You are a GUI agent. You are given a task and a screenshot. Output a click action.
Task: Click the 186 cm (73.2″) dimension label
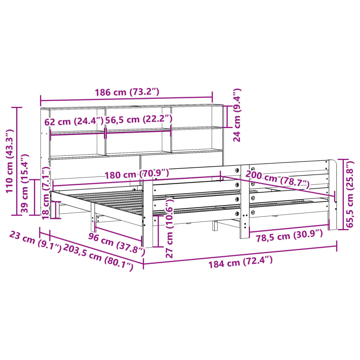[x=127, y=92]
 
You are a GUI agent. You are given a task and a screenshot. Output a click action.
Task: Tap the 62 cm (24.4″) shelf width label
[x=74, y=122]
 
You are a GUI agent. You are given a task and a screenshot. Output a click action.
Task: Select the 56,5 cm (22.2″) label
[x=139, y=119]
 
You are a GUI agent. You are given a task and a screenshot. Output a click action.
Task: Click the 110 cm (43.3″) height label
[x=9, y=161]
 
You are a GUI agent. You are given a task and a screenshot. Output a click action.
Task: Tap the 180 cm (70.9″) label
[x=136, y=174]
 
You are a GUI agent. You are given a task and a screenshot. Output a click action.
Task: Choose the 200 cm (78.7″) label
[x=277, y=179]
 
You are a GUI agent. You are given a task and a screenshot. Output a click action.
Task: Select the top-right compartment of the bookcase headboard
[x=197, y=117]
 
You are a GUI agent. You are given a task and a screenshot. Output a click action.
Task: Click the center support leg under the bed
[x=215, y=226]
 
